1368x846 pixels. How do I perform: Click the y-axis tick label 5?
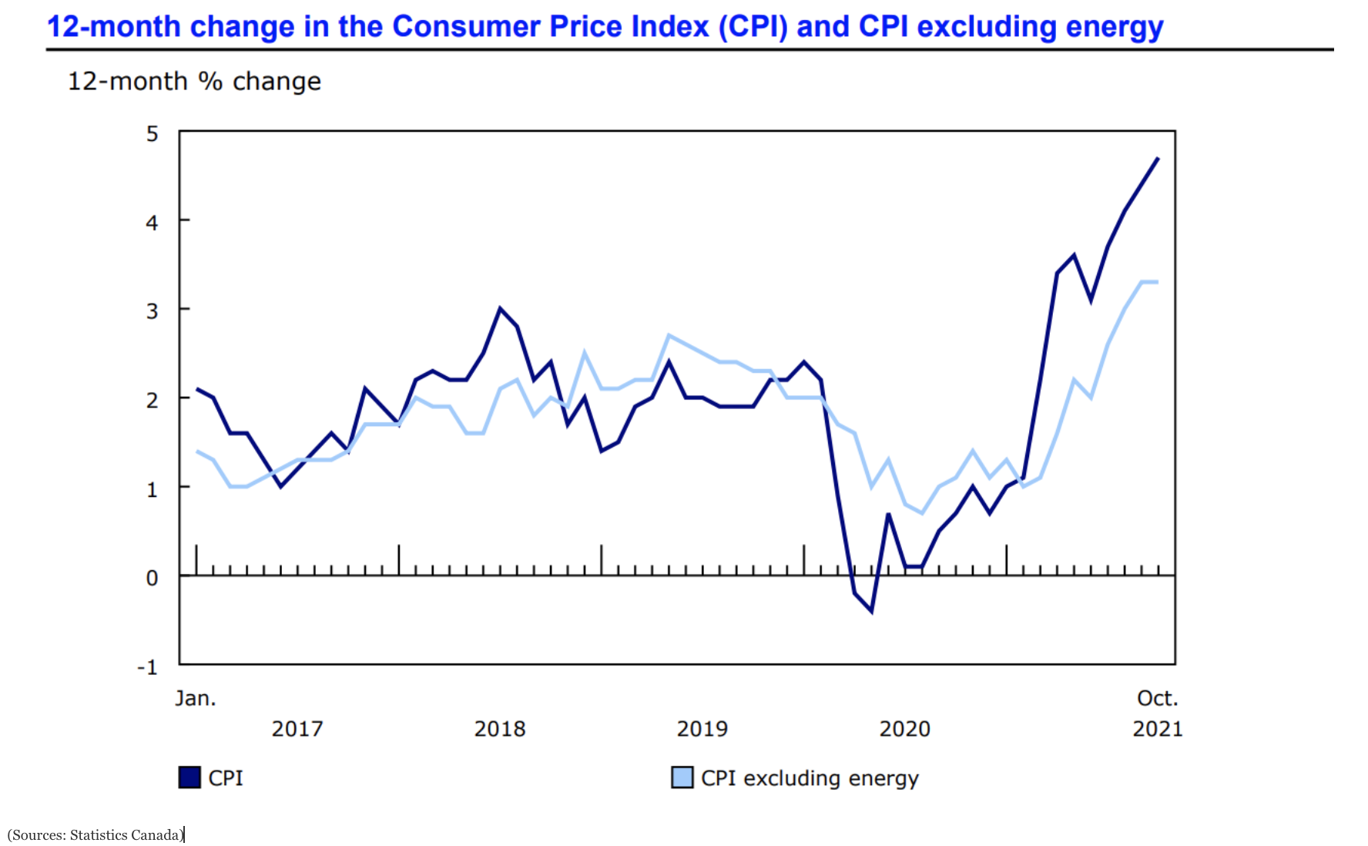[153, 134]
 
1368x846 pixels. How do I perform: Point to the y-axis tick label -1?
[147, 667]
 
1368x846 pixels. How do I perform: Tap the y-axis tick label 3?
[153, 311]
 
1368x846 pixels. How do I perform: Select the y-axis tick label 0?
[153, 578]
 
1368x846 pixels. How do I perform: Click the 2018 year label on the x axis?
[499, 729]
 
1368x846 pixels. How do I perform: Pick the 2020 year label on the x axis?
[904, 729]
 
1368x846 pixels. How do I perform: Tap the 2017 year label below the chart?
[297, 729]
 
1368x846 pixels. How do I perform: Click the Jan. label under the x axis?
[196, 699]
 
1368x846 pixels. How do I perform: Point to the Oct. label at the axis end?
[1157, 699]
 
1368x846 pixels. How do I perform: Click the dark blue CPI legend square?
[189, 777]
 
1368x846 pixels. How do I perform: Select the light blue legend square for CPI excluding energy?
[682, 777]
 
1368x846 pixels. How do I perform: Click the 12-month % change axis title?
[194, 82]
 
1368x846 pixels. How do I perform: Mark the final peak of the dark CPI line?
[1158, 158]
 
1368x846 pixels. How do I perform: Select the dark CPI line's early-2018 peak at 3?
[500, 308]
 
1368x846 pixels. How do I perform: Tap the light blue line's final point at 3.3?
[1158, 282]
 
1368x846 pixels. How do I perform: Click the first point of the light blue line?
[197, 451]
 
